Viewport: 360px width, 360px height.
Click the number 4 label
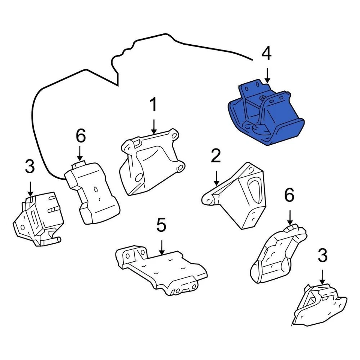(266, 54)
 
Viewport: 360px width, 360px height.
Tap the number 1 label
(153, 105)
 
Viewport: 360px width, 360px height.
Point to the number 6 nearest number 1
(81, 136)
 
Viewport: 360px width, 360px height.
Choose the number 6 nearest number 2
(289, 195)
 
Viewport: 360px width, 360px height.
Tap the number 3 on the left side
(30, 166)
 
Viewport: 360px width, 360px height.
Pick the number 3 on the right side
(322, 256)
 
